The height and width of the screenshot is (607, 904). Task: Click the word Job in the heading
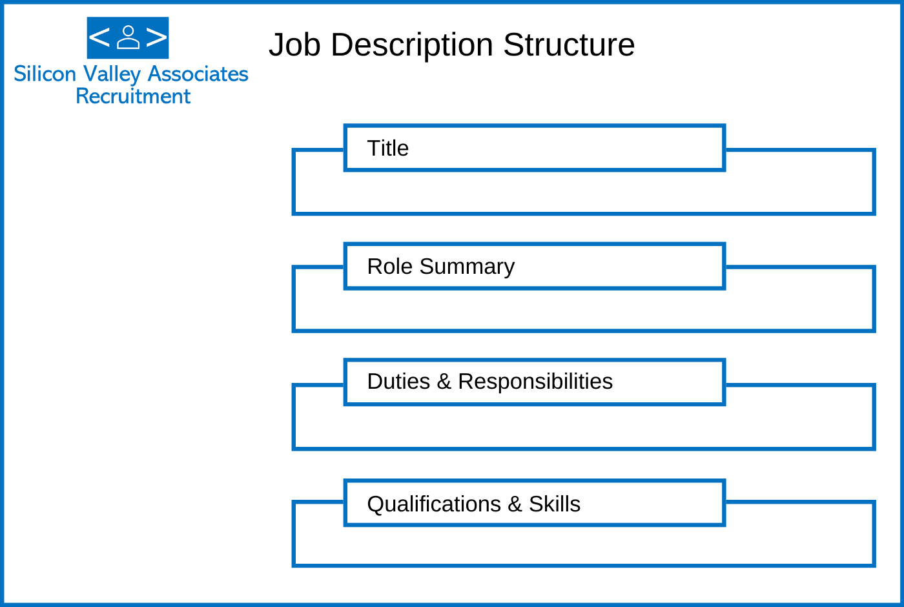click(x=295, y=45)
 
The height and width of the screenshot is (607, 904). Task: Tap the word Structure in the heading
click(x=569, y=45)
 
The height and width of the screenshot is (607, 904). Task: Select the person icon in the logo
click(x=128, y=37)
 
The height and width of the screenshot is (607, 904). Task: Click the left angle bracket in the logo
click(x=99, y=37)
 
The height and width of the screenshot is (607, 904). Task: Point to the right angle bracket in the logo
click(x=156, y=37)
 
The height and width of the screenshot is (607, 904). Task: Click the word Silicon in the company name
click(x=45, y=74)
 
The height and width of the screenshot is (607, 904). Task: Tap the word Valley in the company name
click(x=112, y=75)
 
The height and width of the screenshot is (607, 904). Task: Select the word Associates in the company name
click(x=198, y=74)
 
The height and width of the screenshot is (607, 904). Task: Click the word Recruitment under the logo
click(x=133, y=96)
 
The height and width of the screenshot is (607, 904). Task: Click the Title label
click(x=388, y=148)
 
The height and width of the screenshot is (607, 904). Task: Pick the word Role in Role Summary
click(x=390, y=266)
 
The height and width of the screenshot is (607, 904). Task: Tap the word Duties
click(x=399, y=382)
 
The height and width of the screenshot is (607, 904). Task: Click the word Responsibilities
click(x=535, y=382)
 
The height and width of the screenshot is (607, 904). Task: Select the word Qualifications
click(x=434, y=504)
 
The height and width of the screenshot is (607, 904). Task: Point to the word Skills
click(x=555, y=504)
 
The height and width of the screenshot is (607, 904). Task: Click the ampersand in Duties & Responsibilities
click(x=444, y=382)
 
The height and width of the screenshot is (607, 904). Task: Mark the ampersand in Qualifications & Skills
click(x=515, y=504)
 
